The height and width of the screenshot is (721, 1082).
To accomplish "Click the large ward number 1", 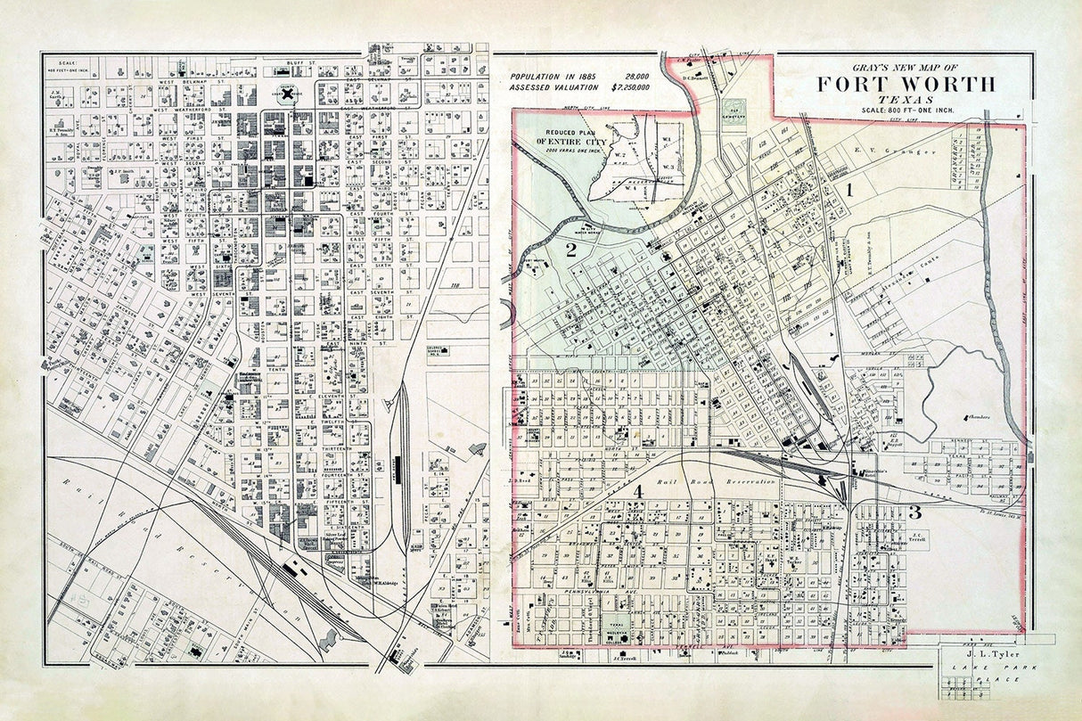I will [850, 189].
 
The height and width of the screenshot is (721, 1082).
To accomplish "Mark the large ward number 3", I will [914, 512].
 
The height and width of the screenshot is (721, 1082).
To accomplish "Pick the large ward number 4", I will [638, 491].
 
